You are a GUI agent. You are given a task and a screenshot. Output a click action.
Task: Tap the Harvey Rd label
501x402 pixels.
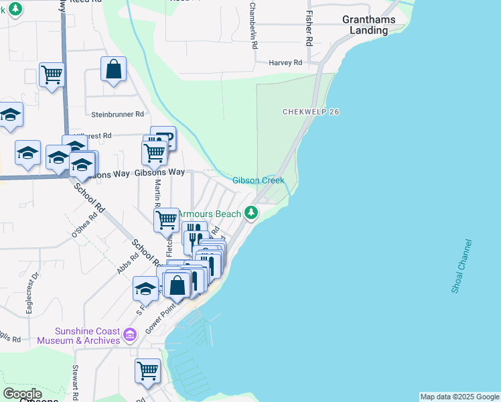(286, 62)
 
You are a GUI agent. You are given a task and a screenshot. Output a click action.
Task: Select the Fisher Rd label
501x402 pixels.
(309, 27)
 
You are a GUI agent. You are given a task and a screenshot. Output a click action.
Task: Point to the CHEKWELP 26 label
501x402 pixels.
(311, 112)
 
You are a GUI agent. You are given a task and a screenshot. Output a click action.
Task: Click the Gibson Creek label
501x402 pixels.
(259, 181)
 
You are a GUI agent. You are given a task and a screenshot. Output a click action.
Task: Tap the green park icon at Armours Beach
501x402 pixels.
(251, 213)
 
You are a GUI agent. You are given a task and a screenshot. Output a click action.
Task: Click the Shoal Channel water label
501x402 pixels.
(461, 266)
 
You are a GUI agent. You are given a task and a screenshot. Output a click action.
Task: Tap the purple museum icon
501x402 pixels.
(131, 334)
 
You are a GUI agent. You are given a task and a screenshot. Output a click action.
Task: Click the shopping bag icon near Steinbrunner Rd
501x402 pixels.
(113, 68)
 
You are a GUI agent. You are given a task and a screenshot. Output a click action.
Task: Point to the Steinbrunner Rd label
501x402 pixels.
(118, 115)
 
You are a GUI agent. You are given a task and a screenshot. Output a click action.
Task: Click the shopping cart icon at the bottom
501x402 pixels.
(147, 370)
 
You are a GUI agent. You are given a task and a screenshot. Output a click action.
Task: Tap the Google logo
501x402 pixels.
(22, 393)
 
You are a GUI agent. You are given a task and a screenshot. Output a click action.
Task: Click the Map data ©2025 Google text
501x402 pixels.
(459, 397)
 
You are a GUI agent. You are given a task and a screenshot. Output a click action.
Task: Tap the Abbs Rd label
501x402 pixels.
(127, 263)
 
